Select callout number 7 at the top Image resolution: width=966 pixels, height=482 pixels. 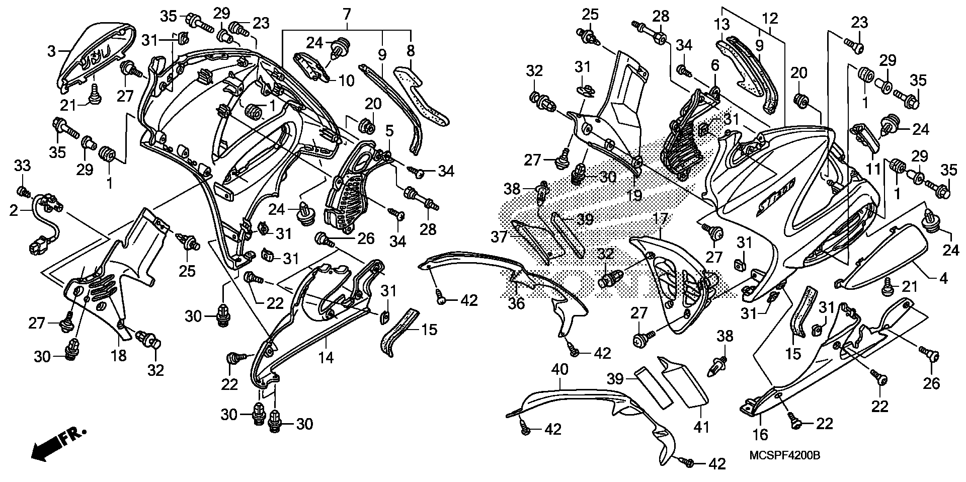point(346,14)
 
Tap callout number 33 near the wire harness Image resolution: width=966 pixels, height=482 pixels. point(22,166)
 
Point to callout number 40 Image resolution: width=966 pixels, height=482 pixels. point(559,370)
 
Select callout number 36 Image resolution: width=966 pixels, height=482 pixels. point(516,303)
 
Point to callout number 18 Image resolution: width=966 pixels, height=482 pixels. point(119,356)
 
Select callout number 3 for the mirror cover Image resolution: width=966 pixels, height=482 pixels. point(51,51)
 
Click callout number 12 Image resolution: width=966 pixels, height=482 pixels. point(770,19)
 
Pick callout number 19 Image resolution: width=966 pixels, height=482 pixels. point(634,195)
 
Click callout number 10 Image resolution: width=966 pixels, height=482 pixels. point(346,80)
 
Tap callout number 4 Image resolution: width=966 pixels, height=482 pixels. point(942,278)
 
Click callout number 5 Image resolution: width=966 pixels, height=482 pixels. point(389,131)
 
